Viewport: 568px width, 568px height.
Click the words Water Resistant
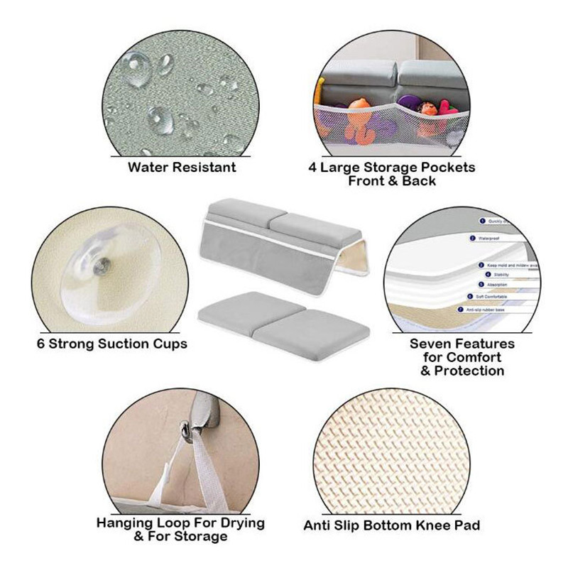point(182,168)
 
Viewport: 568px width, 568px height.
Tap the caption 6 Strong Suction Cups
point(112,344)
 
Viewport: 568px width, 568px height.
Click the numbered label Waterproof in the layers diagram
point(490,239)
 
